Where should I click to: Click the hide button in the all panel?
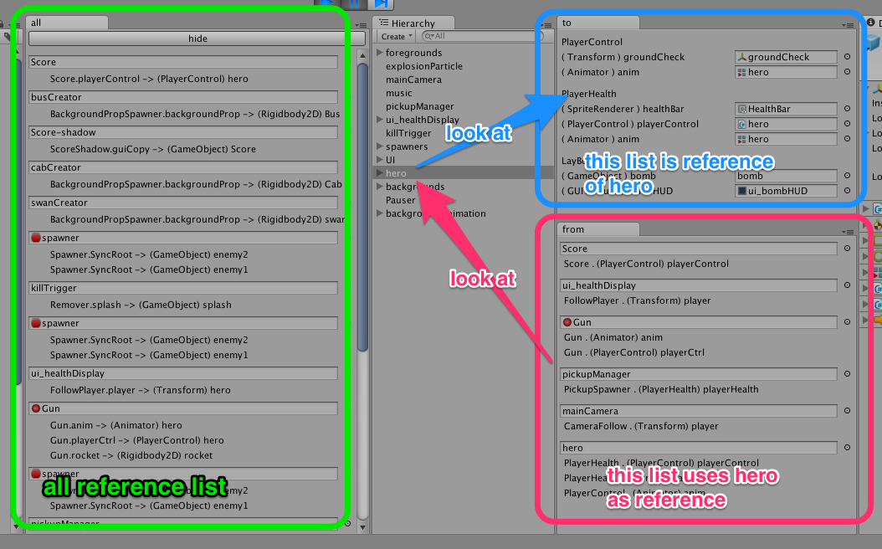tap(197, 38)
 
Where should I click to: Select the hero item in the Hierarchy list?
tap(397, 173)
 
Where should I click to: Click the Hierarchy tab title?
tap(413, 23)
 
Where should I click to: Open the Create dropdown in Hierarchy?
tap(396, 37)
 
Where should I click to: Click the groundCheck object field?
tap(786, 57)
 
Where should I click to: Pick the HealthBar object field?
tap(786, 109)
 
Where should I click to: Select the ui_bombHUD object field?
tap(786, 191)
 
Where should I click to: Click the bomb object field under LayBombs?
tap(786, 176)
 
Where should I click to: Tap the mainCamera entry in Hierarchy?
tap(413, 80)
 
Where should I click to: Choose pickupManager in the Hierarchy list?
tap(419, 106)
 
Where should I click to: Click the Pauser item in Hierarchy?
tap(400, 200)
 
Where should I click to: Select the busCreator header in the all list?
tap(182, 97)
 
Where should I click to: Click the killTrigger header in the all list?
tap(182, 288)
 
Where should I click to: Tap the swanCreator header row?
tap(182, 203)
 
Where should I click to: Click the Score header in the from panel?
tap(699, 249)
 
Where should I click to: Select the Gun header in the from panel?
tap(699, 322)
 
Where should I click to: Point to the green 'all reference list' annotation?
tap(135, 486)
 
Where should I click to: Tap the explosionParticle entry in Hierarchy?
tap(423, 66)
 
